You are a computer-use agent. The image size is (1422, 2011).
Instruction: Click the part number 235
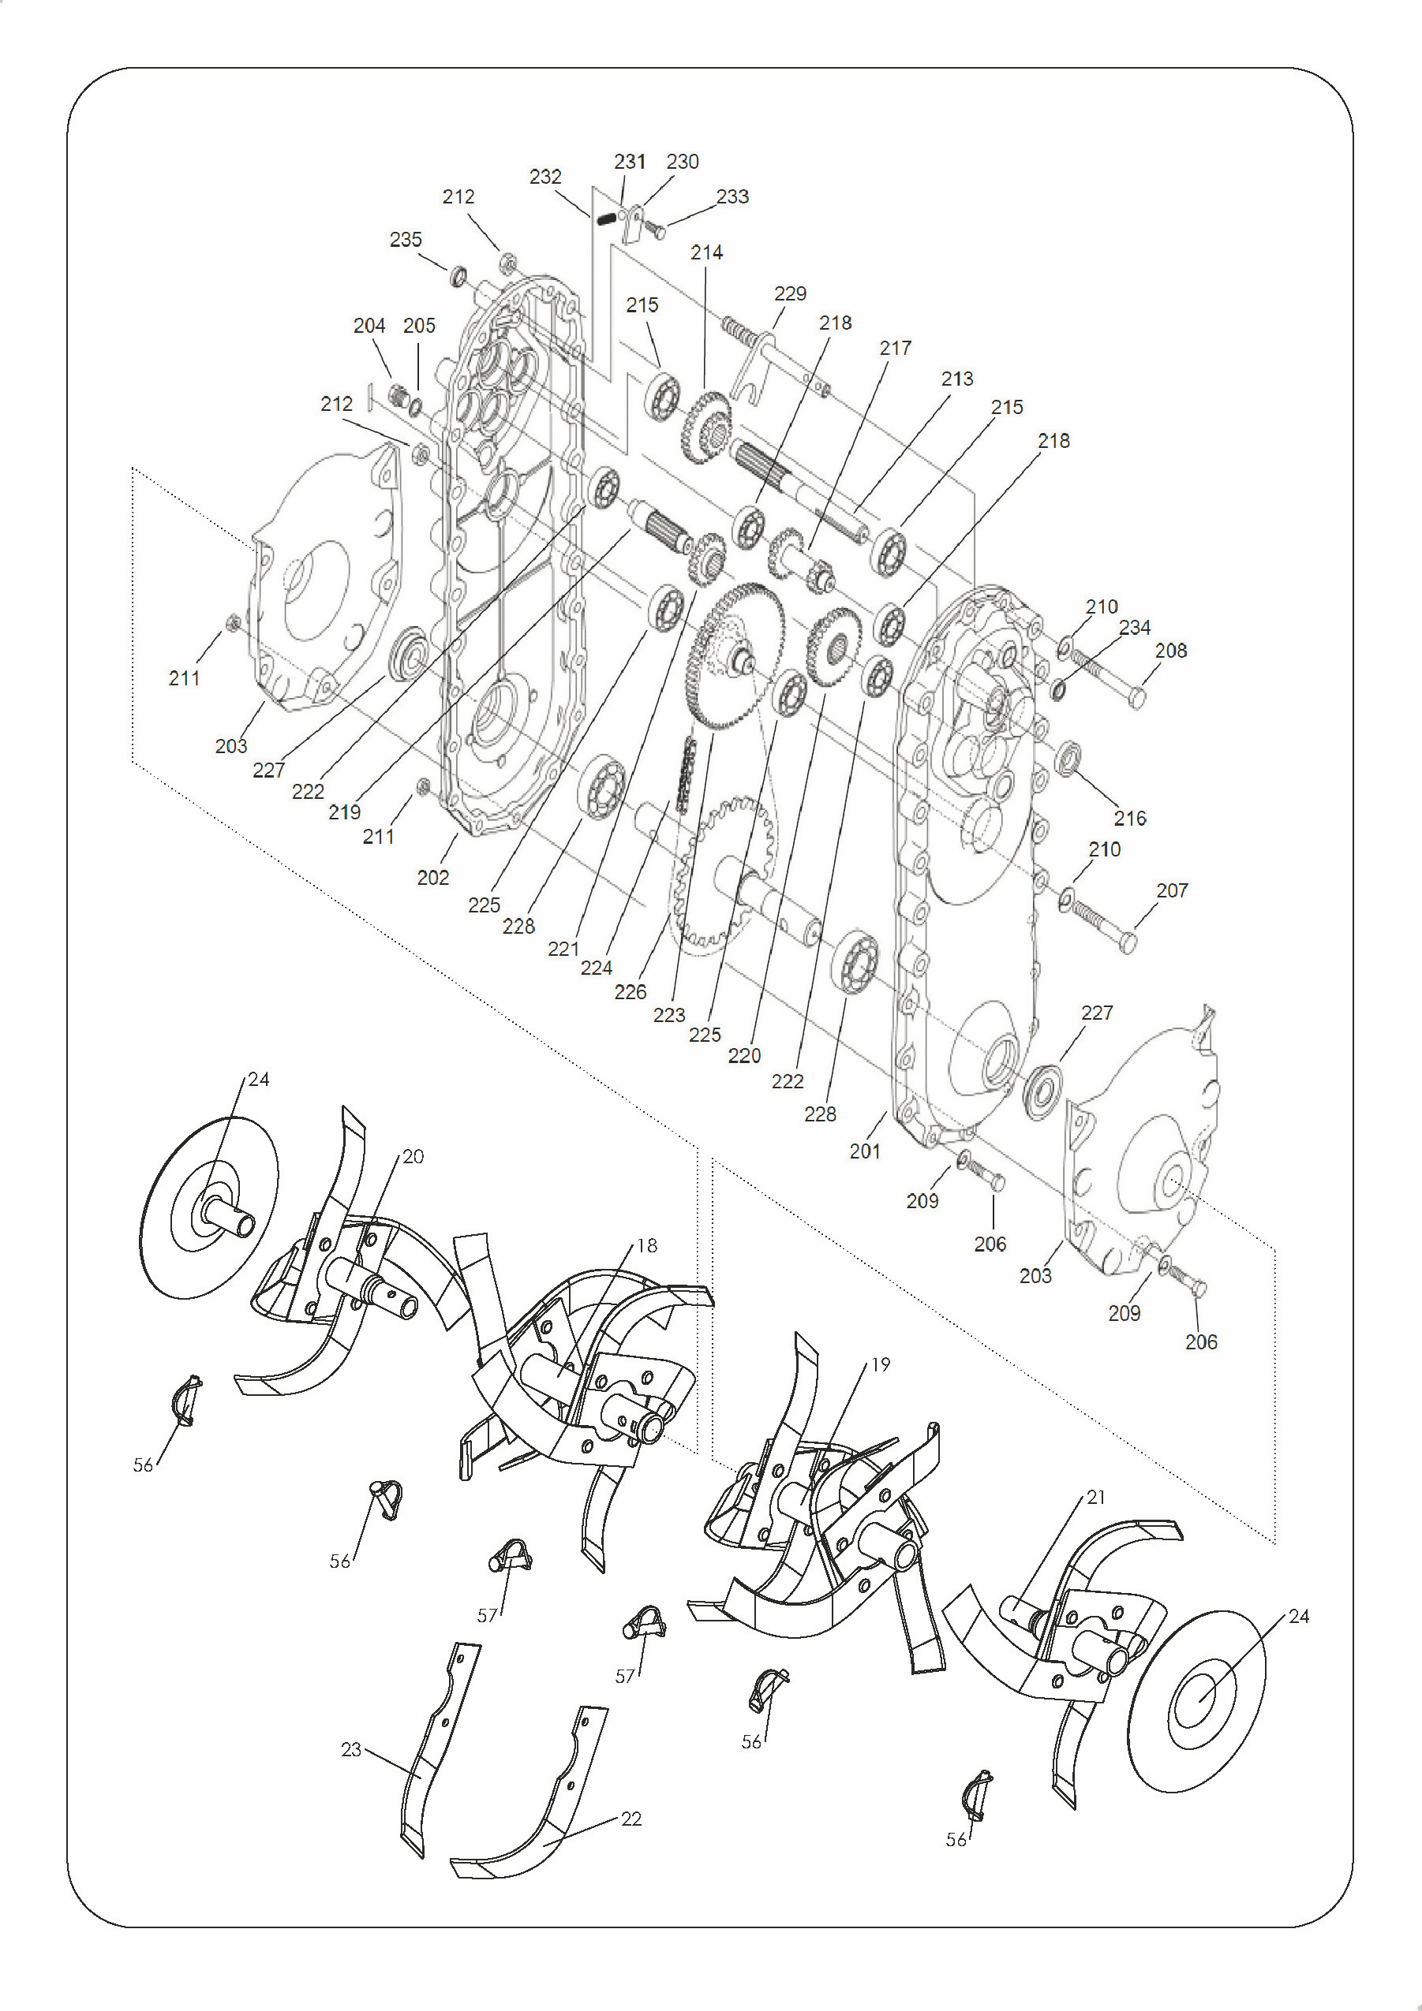pos(406,239)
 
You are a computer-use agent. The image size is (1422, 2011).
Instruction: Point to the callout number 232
pos(545,177)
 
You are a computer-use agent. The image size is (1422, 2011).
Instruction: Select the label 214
pos(706,252)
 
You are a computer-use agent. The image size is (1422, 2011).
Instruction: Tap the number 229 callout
pos(790,293)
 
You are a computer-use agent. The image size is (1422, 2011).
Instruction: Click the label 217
pos(896,348)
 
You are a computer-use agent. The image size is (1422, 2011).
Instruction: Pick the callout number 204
pos(369,326)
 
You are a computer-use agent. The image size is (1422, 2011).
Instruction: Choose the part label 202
pos(432,877)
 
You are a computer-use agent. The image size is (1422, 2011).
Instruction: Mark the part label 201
pos(865,1151)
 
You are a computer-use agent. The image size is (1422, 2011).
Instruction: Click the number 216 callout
pos(1129,818)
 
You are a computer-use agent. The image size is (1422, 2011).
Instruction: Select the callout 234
pos(1135,627)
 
